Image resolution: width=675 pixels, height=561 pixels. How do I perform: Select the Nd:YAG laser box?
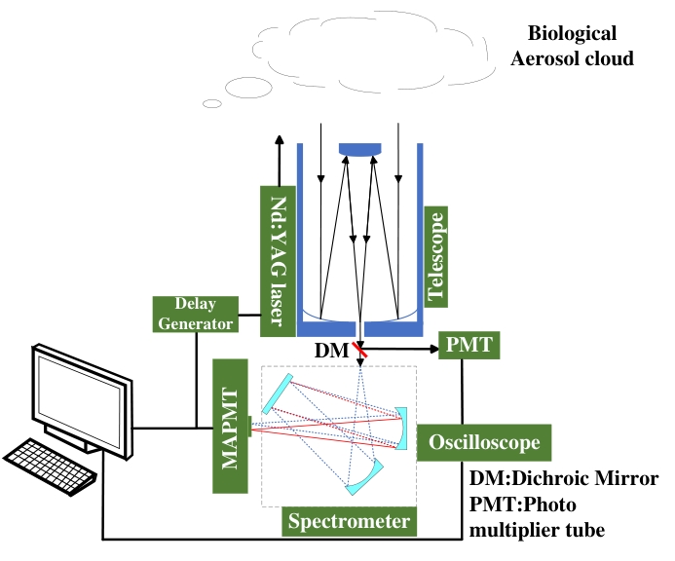click(279, 254)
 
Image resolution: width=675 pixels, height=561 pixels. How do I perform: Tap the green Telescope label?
click(435, 255)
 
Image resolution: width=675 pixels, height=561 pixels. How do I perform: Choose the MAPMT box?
click(230, 426)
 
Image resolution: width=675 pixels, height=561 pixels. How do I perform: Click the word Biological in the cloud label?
click(571, 34)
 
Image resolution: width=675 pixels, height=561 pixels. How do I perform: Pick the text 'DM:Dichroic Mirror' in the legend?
click(564, 479)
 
